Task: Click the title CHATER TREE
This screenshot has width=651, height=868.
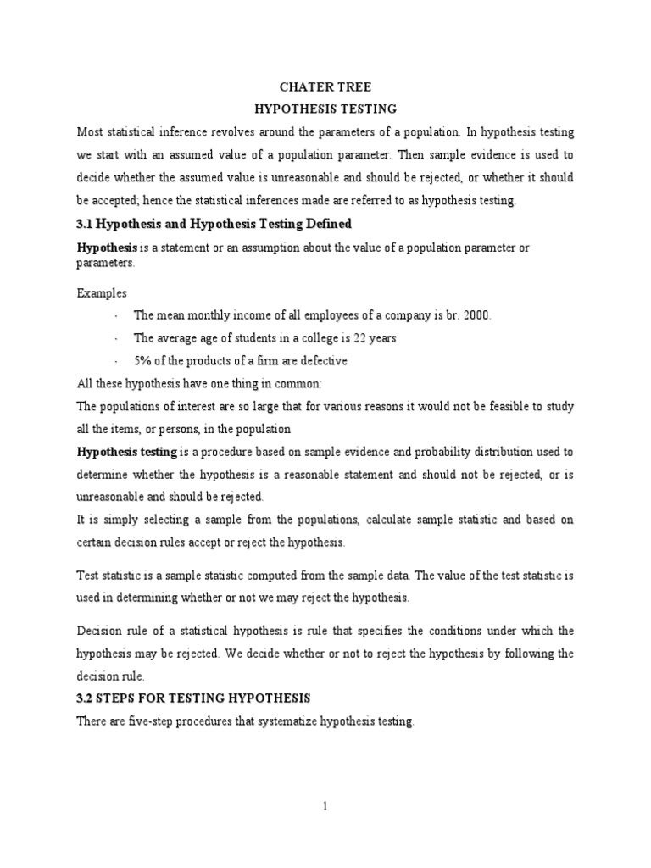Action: click(325, 86)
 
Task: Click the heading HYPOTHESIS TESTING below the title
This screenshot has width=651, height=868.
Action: click(325, 109)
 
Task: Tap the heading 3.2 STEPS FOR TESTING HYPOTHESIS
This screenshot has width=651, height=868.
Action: click(195, 698)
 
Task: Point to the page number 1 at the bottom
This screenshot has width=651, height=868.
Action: click(325, 807)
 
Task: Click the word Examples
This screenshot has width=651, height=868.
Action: click(102, 292)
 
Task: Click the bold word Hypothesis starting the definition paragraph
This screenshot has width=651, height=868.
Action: click(107, 247)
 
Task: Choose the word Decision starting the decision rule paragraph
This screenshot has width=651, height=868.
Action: click(102, 632)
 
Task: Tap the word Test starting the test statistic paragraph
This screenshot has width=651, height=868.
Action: click(88, 576)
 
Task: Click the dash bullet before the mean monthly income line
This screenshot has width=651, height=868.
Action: click(115, 315)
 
